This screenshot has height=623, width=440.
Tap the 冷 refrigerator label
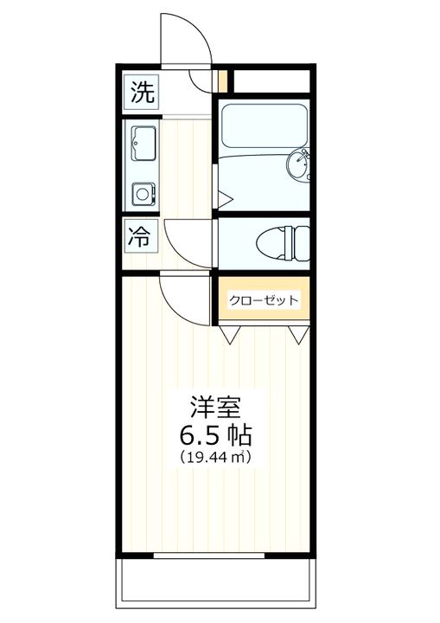pos(139,237)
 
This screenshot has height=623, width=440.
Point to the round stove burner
pos(140,193)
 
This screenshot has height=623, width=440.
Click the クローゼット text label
pos(264,300)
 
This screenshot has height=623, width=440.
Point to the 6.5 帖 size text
pos(215,432)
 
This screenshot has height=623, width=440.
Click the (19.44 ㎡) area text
pos(215,456)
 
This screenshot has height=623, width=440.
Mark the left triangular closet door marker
pos(231,333)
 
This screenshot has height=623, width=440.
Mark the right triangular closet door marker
pos(299,333)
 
